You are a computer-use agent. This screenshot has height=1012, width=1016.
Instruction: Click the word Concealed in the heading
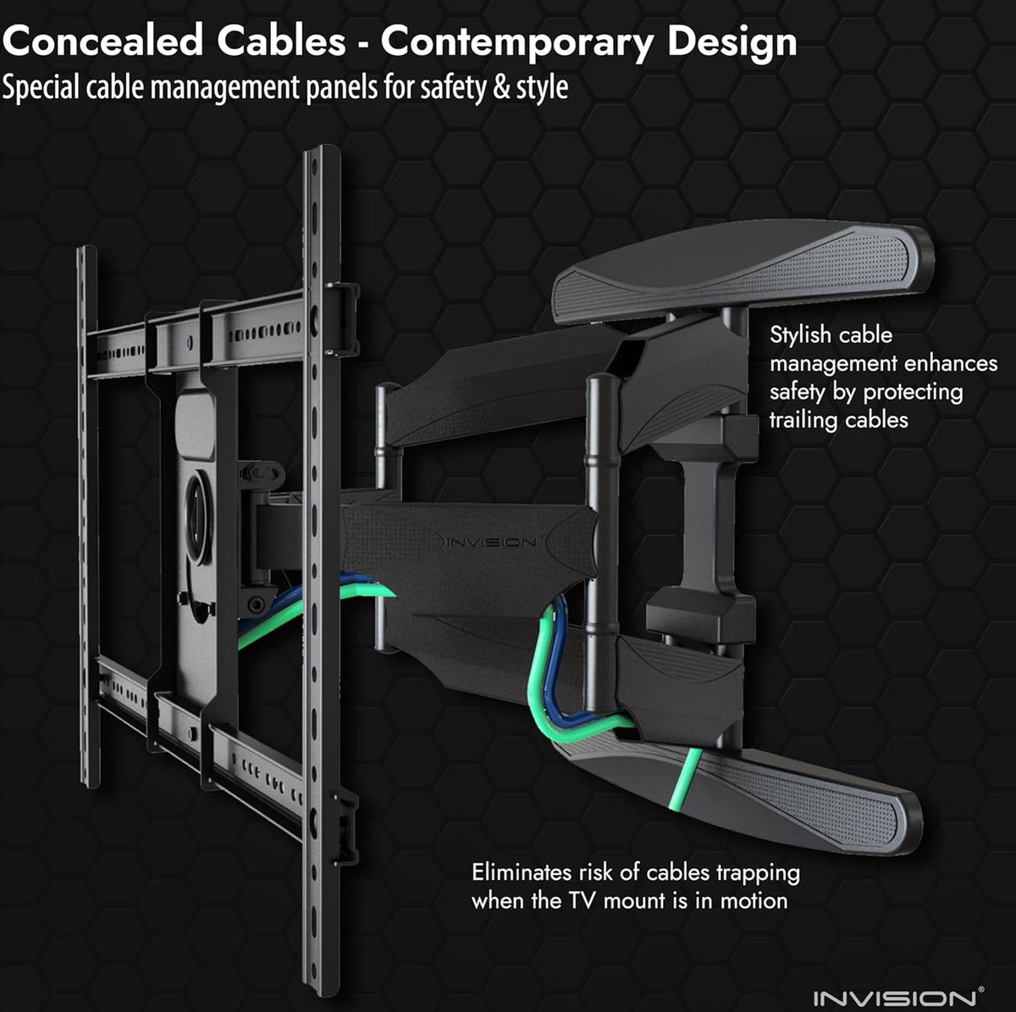[103, 41]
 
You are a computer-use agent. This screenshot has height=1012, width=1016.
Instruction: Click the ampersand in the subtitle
[501, 87]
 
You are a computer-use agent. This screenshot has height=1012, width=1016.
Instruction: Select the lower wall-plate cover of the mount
[738, 791]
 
